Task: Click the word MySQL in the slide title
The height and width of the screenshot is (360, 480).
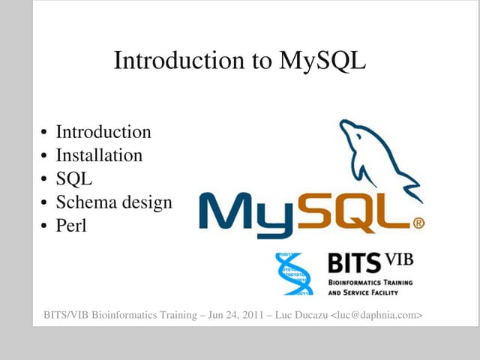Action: click(322, 61)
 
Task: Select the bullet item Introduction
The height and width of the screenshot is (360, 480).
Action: click(103, 132)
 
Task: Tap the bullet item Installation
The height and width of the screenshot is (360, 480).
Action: click(99, 155)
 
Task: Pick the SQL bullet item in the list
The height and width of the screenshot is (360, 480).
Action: click(74, 178)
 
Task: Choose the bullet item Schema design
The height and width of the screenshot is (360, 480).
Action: click(114, 202)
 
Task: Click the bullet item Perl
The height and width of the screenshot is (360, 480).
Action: click(71, 225)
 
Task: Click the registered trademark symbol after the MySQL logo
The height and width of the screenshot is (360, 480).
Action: click(419, 223)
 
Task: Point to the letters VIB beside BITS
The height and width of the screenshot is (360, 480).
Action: click(399, 260)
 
